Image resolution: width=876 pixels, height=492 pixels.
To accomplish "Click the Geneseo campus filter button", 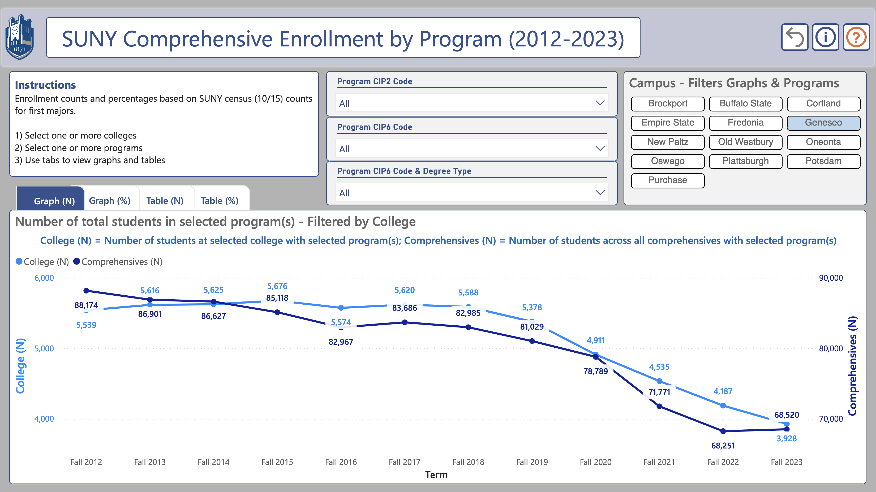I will tap(823, 123).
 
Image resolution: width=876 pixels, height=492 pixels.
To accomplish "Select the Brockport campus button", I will tap(668, 104).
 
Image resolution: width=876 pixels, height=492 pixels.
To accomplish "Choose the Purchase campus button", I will tap(668, 180).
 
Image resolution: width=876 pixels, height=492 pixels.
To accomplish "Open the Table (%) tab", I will tap(219, 201).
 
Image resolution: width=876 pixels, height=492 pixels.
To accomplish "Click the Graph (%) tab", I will tap(109, 201).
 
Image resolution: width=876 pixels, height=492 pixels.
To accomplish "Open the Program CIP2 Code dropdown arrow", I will tap(600, 103).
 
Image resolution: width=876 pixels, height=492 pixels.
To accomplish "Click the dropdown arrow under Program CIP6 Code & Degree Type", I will tap(600, 193).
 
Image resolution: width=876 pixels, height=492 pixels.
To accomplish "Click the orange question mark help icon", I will tap(856, 37).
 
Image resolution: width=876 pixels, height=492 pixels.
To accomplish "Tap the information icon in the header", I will tap(825, 37).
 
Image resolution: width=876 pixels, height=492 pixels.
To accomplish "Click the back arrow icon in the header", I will tap(795, 37).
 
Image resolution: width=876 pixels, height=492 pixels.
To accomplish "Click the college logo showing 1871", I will tap(19, 37).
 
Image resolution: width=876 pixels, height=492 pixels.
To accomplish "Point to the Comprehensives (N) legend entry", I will tap(118, 262).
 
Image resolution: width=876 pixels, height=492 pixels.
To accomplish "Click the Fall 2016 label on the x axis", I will tap(341, 462).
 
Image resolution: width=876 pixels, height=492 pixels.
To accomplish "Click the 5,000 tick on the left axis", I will tap(44, 348).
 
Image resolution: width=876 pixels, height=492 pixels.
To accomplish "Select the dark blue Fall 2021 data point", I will tap(659, 406).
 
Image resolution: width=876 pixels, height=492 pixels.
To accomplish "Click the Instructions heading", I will tap(45, 85).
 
